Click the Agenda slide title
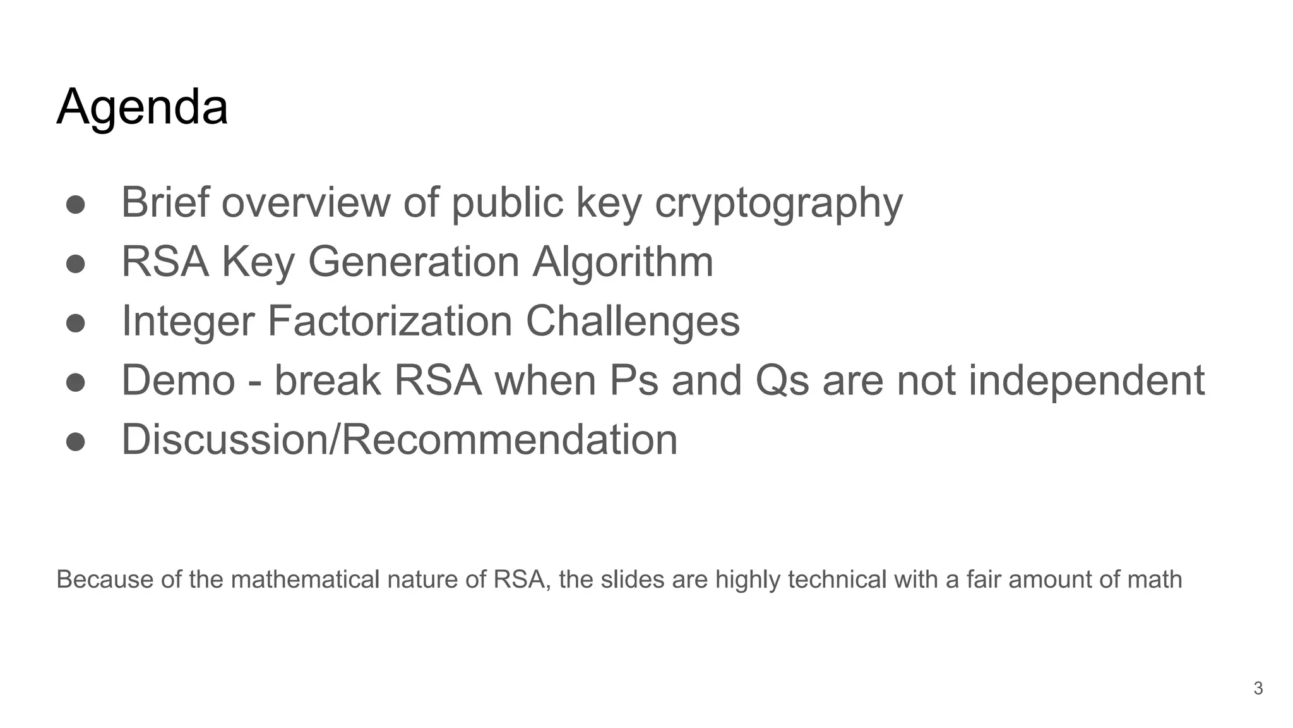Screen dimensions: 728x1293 (142, 107)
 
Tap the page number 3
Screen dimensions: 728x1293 (1258, 688)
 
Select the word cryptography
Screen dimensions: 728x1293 (778, 203)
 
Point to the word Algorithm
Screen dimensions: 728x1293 (623, 262)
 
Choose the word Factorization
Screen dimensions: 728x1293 (390, 321)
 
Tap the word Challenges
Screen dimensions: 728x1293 (633, 321)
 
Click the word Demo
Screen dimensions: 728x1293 (178, 380)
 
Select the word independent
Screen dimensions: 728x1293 (1086, 380)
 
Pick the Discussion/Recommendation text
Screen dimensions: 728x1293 (399, 440)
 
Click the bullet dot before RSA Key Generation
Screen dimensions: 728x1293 (75, 264)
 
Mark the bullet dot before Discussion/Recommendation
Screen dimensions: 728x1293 (75, 442)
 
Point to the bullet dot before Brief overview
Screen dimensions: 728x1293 (75, 204)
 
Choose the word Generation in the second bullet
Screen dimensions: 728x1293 (414, 262)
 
